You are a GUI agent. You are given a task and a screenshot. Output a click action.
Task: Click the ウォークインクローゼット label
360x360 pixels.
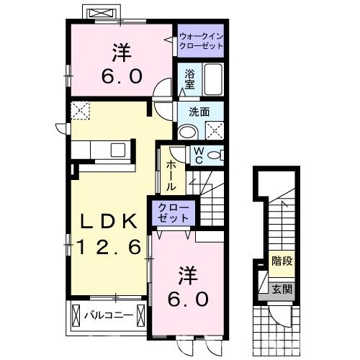pos(201,41)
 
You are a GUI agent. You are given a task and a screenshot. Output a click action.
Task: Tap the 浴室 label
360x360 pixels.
pos(189,79)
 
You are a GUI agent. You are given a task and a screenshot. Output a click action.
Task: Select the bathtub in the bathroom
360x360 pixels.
pos(213,79)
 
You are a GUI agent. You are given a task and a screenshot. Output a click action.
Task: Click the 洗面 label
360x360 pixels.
pos(199,112)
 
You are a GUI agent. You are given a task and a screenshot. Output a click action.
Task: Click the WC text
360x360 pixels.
pos(199,156)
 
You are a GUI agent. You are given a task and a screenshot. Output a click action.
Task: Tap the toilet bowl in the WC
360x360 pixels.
pos(215,156)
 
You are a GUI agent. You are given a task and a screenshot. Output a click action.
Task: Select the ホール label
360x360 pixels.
pos(171,176)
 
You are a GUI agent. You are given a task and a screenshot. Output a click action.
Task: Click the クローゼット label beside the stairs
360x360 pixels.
pos(174,212)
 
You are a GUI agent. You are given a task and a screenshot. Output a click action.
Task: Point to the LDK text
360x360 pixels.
pos(109,221)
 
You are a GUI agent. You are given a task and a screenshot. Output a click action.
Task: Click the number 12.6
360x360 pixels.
pos(109,247)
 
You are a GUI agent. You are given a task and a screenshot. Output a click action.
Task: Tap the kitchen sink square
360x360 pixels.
pos(118,150)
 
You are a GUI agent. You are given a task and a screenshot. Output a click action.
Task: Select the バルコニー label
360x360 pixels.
pos(109,315)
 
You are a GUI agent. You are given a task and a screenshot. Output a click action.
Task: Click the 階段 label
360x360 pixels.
pos(282,261)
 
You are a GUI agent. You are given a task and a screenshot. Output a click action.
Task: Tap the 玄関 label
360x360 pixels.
pos(282,289)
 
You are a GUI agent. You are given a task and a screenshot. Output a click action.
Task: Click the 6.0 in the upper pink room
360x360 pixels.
pos(122,76)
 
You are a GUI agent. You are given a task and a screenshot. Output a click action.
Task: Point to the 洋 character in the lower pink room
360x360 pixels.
pos(189,275)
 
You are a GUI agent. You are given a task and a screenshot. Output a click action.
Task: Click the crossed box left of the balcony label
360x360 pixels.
pos(76,315)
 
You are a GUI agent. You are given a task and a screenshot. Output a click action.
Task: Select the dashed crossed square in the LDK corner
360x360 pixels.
pos(80,110)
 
